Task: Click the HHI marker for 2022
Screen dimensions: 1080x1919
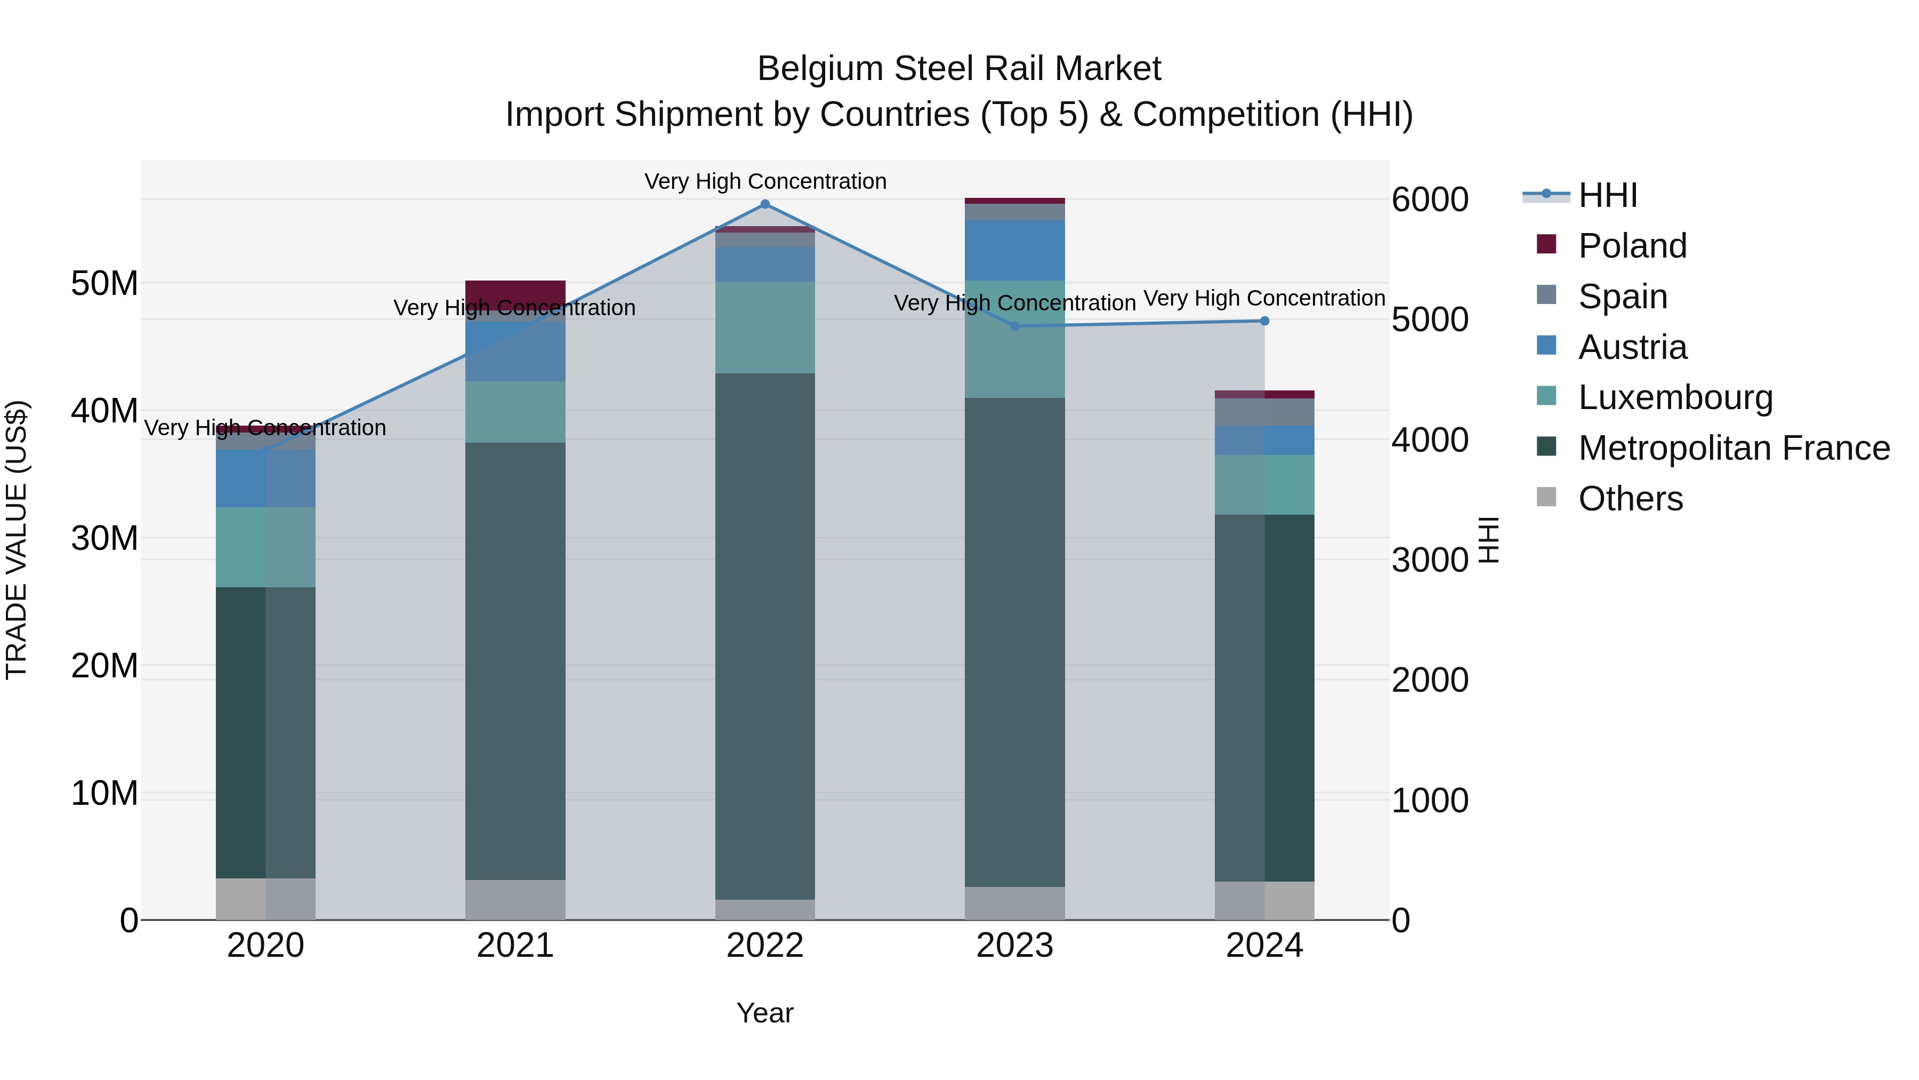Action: [x=764, y=204]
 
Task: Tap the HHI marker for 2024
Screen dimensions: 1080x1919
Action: [x=1264, y=321]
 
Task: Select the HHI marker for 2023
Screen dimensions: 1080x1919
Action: [x=1014, y=326]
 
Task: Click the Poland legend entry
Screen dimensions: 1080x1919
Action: [x=1632, y=245]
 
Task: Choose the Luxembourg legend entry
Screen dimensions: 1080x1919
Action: [x=1675, y=397]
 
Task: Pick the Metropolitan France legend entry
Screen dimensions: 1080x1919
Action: [x=1733, y=448]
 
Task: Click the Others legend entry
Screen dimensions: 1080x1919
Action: [x=1630, y=499]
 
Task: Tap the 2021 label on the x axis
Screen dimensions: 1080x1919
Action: [x=515, y=946]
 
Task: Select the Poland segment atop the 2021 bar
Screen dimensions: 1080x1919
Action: [x=515, y=291]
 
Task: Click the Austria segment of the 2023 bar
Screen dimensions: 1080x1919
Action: [x=1014, y=250]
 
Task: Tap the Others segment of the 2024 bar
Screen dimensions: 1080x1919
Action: [x=1264, y=900]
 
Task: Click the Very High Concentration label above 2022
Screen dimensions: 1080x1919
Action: [x=765, y=181]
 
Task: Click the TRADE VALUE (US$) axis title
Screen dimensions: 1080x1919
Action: [x=17, y=540]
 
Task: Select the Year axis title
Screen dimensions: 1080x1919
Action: [x=764, y=1013]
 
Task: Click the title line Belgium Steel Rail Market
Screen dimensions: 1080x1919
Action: [x=959, y=69]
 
